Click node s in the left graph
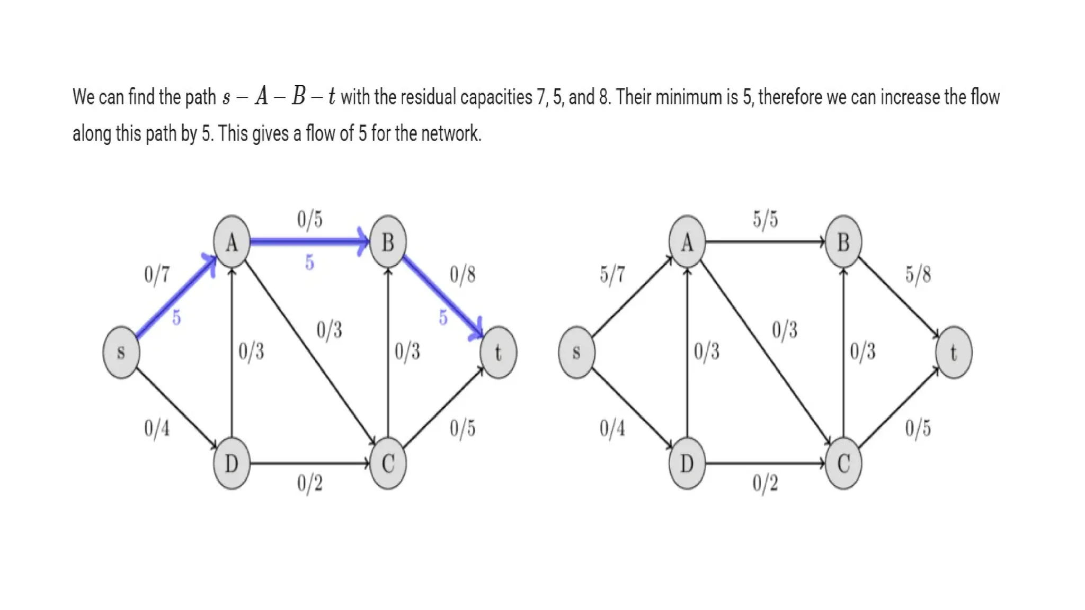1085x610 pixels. point(121,352)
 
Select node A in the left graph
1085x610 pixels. point(232,242)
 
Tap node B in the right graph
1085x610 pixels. point(843,242)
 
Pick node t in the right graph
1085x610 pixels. point(954,352)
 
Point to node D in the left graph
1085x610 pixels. point(232,463)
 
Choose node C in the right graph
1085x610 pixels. point(843,463)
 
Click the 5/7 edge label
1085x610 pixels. point(612,274)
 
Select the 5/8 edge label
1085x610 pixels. point(918,274)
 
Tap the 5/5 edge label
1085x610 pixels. point(766,219)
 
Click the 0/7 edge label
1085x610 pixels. point(157,274)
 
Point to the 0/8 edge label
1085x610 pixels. point(463,274)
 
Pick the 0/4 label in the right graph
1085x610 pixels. point(612,428)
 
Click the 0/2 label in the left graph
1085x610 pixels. point(310,483)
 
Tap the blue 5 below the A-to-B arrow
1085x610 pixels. point(310,263)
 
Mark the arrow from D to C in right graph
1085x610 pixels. point(766,463)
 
